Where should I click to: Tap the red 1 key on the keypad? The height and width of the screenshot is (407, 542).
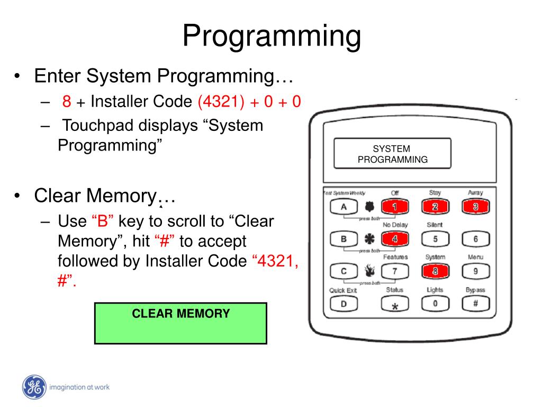pos(394,207)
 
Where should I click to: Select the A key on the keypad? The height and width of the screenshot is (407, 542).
pos(343,207)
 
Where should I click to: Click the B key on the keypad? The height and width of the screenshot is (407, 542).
pos(343,239)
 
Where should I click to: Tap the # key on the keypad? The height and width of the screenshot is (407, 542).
pos(475,304)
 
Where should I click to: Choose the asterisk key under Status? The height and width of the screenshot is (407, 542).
pos(394,304)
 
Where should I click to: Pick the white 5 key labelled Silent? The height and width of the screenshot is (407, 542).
pos(435,239)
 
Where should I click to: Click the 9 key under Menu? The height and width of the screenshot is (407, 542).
pos(475,271)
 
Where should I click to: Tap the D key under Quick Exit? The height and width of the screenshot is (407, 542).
pos(343,304)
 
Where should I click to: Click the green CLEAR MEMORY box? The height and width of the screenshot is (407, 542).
pos(180,323)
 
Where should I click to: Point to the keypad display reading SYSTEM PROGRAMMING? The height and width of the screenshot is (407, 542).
pos(392,154)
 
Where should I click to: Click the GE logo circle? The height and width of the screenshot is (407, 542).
pos(34,387)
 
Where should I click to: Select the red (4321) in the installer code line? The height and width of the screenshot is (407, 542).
pos(221,101)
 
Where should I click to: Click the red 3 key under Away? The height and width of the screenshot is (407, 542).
pos(475,207)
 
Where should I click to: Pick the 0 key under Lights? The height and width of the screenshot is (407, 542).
pos(435,304)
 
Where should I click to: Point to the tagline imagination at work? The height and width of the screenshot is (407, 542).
pos(79,387)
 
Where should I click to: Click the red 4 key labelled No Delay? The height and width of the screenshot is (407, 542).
pos(394,239)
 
